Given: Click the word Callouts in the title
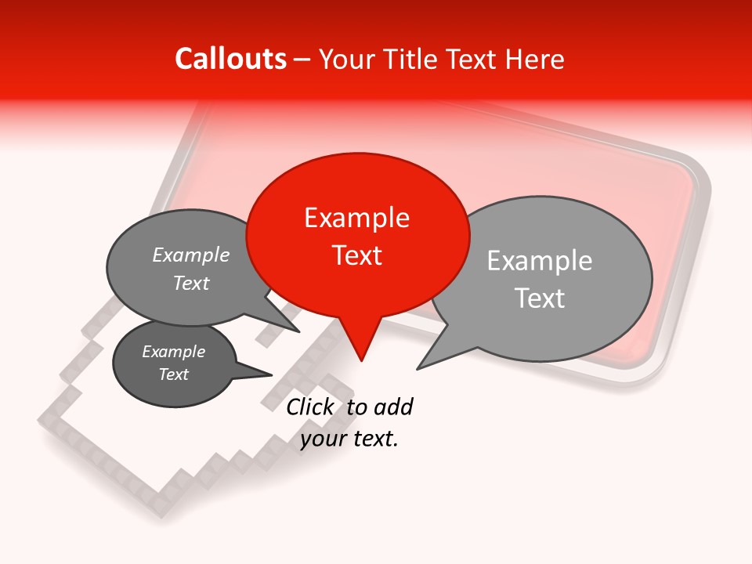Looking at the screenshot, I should tap(230, 59).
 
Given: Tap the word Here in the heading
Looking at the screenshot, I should tap(535, 59).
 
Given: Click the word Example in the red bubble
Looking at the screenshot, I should tap(356, 218).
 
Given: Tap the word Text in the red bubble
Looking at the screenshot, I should tap(356, 255).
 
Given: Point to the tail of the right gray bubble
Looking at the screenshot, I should tap(427, 362).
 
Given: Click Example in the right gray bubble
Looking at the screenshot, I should tap(539, 261).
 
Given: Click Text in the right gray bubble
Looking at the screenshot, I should tap(539, 298).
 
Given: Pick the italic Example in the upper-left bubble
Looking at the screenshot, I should tap(190, 255).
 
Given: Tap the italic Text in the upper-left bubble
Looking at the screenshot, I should tap(190, 284).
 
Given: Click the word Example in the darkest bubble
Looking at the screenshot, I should tap(173, 352).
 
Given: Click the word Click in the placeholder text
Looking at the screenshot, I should tap(310, 407).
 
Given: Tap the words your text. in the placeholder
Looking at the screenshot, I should tap(349, 439).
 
